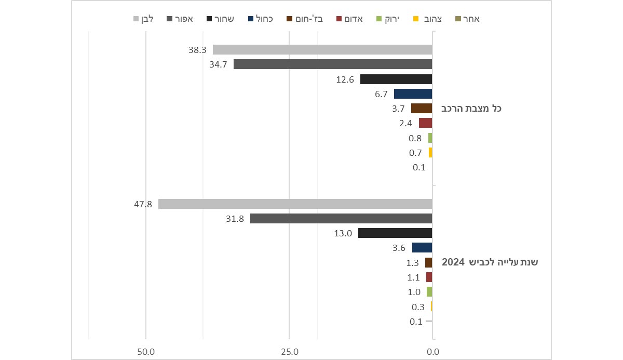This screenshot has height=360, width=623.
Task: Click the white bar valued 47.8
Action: (x=295, y=204)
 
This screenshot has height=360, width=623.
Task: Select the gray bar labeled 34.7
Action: (x=333, y=64)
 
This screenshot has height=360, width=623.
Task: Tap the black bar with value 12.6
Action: (x=396, y=79)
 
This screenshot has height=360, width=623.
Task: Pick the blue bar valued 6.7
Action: (x=413, y=94)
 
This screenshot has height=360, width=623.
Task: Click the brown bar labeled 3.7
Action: (x=422, y=109)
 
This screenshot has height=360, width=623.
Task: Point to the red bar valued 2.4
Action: (x=426, y=123)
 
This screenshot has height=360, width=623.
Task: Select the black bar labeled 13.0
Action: (x=395, y=233)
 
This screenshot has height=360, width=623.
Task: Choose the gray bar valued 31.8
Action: (x=341, y=219)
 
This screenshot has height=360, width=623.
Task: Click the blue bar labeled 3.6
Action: (x=422, y=248)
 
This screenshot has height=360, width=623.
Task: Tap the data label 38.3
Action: (x=198, y=50)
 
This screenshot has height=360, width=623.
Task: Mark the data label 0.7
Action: (x=415, y=153)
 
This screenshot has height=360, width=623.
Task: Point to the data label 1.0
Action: (x=414, y=292)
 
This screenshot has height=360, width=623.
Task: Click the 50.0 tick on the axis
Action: (x=146, y=352)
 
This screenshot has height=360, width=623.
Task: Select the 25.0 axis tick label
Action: (x=289, y=352)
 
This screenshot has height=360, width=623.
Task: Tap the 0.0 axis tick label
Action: (x=432, y=352)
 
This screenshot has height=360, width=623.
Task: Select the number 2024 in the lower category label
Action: (x=452, y=262)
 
